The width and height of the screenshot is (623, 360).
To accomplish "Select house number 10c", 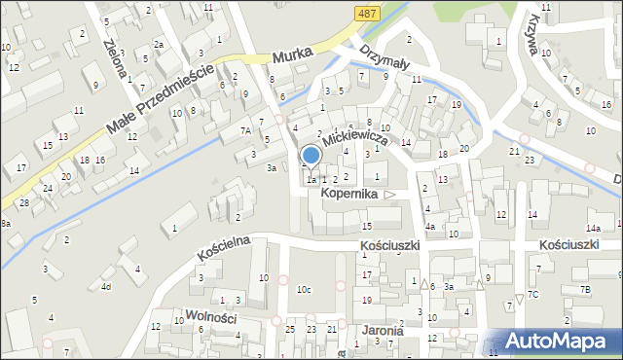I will [x=305, y=289].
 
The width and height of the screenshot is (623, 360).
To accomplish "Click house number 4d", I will [x=105, y=287].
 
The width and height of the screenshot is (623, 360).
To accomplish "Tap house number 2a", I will [x=158, y=44].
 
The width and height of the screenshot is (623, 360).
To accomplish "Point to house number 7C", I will [x=532, y=294].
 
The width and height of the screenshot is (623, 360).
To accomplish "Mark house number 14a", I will [x=616, y=228].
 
